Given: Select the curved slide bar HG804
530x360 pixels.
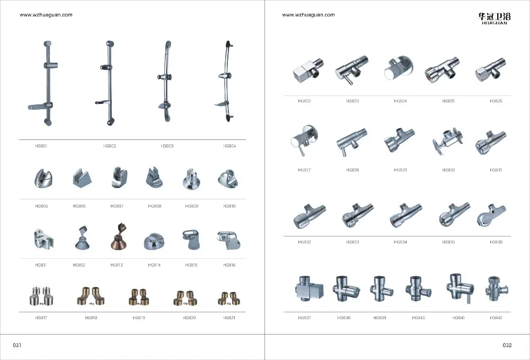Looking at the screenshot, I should [x=227, y=82].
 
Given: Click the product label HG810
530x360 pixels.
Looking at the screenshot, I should [x=229, y=206].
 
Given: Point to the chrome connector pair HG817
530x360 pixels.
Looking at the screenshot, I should [x=41, y=297].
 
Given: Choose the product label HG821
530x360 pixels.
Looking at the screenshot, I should [x=229, y=318].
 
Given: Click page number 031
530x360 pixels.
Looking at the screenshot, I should [x=16, y=345].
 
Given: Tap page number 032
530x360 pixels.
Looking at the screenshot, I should [x=507, y=345].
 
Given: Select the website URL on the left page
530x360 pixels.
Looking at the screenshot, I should [x=46, y=15].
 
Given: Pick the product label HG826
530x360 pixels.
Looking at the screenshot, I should [x=496, y=101].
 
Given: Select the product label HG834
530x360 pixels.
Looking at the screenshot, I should [x=400, y=242].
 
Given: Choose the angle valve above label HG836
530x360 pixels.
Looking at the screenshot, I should [x=490, y=214].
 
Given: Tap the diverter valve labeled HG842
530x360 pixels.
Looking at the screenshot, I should [x=496, y=288].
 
